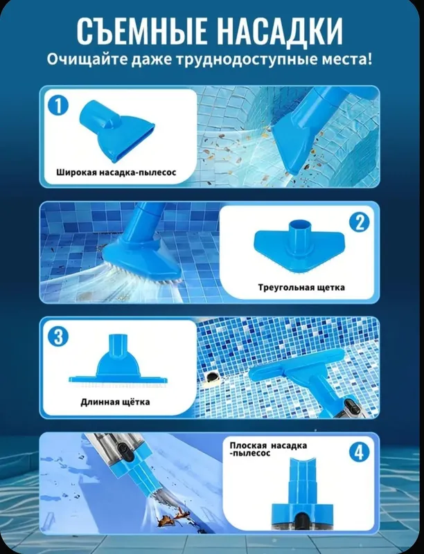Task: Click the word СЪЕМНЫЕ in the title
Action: point(142,31)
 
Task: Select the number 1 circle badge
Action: point(58,105)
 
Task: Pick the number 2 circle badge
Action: point(360,222)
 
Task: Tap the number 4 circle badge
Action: point(359,452)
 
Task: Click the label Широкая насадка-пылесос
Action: point(116,172)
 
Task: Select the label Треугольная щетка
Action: point(301,287)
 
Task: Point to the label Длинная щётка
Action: point(115,402)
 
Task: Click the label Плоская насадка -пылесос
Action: point(268,449)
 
